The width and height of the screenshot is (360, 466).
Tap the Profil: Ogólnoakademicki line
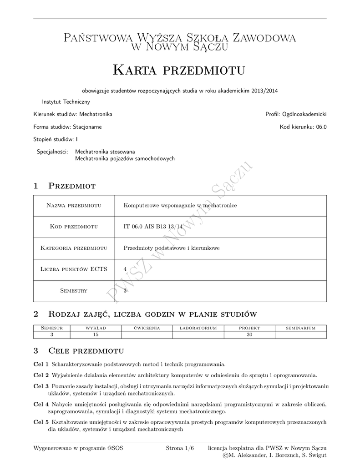(296, 114)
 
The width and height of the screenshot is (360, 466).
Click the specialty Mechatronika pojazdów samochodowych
(125, 158)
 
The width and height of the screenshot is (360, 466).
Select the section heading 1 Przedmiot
(64, 186)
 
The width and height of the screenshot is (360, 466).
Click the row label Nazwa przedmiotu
(74, 206)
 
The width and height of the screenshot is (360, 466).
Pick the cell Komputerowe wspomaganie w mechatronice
(180, 206)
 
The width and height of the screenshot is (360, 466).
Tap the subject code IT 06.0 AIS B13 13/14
(153, 227)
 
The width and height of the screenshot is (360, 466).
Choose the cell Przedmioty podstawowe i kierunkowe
(172, 248)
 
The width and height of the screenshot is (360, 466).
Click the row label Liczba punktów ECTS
(74, 269)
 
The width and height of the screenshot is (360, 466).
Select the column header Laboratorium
(198, 328)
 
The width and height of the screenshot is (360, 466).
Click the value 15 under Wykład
(96, 335)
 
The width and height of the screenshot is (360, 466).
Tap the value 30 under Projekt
(249, 335)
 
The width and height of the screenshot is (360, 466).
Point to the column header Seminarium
(301, 328)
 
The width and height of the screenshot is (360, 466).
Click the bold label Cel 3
(41, 386)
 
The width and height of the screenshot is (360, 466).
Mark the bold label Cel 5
(41, 422)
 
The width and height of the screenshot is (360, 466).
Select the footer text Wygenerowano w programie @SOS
(78, 448)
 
